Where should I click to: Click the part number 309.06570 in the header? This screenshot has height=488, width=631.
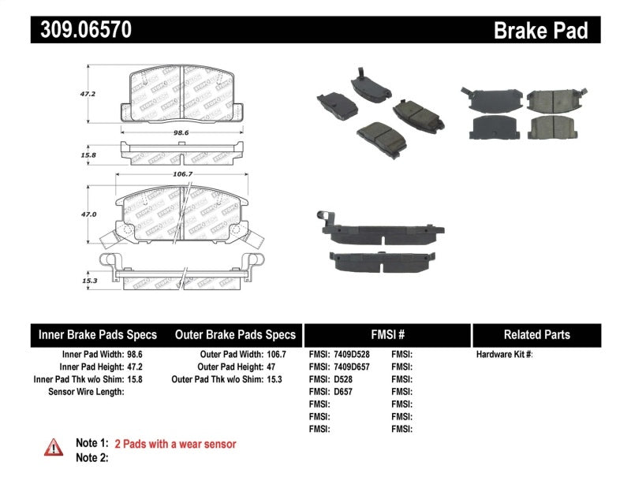(81, 30)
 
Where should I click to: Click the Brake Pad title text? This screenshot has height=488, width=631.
(540, 30)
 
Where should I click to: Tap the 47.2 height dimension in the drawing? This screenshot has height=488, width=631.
(90, 93)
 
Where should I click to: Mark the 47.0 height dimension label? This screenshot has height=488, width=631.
(90, 214)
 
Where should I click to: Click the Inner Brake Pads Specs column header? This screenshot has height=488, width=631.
(98, 334)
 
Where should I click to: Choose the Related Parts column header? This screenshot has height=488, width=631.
(536, 334)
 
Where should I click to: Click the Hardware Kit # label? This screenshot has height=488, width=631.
(505, 355)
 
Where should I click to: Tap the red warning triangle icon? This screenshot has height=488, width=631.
(53, 447)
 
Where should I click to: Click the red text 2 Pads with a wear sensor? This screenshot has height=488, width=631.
(175, 445)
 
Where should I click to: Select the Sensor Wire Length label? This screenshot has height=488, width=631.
(86, 391)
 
